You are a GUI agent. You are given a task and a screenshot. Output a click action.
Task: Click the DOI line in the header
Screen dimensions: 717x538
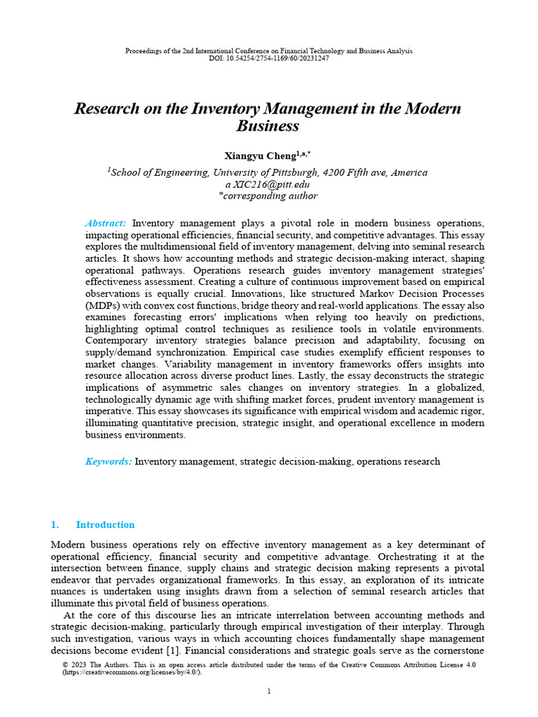point(268,58)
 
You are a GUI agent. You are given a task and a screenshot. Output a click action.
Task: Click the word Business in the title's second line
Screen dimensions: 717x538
point(268,127)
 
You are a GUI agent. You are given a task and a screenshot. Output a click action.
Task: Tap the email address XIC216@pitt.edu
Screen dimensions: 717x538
point(271,185)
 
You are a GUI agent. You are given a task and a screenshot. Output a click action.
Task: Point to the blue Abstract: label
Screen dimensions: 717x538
point(105,222)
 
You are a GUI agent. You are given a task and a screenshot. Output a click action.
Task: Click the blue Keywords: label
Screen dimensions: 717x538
point(109,461)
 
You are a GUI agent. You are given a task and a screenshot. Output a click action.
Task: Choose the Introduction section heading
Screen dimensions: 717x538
point(105,524)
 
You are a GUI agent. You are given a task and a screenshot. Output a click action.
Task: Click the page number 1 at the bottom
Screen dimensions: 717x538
point(269,692)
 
